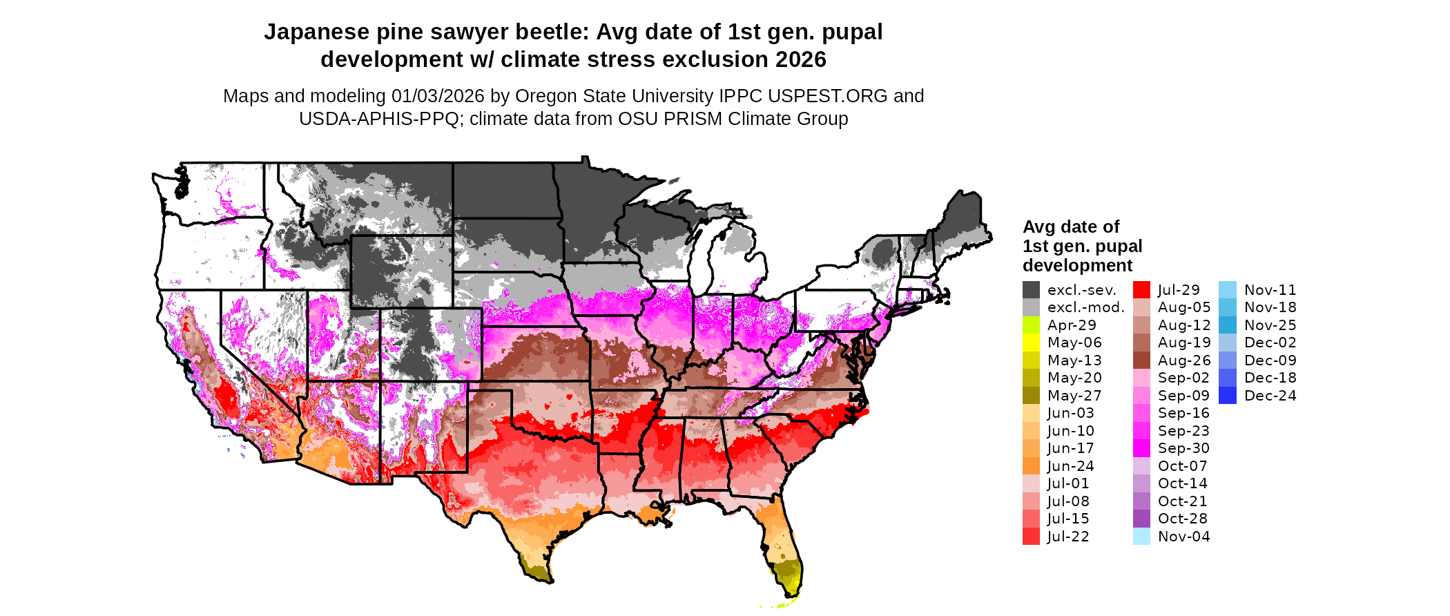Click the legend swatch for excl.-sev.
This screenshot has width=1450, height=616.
(1031, 290)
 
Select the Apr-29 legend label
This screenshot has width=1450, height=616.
(1072, 325)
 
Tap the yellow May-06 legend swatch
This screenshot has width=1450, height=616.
(1031, 343)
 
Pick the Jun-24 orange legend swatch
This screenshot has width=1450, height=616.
(1031, 466)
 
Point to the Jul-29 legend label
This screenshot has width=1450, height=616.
(1179, 290)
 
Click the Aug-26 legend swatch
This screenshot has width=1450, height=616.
(1141, 360)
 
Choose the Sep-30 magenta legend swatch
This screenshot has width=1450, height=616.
(1141, 448)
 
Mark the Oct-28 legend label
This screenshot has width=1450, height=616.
(1182, 519)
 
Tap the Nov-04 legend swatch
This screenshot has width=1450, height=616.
(1141, 537)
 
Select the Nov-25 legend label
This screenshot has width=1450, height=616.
(1270, 325)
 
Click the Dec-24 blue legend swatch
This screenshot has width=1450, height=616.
(1227, 396)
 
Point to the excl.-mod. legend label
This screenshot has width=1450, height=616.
(1085, 307)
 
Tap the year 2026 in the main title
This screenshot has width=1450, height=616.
(800, 60)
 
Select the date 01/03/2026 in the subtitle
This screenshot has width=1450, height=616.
(438, 96)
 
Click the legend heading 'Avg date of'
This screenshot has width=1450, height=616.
(1070, 227)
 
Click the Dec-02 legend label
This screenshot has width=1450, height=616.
(1270, 343)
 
